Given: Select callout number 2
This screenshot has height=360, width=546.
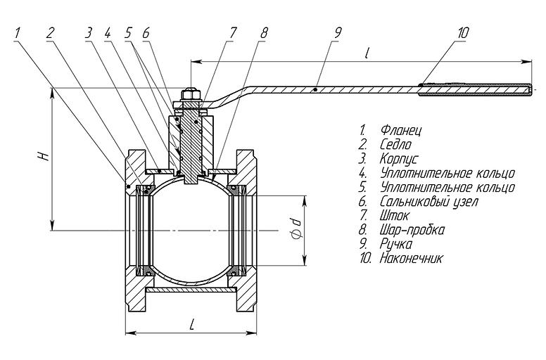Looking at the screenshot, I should tap(51, 32).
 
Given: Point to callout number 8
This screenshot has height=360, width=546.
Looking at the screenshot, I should tap(264, 33).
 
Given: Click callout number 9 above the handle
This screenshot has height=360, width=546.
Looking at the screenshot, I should tap(338, 32).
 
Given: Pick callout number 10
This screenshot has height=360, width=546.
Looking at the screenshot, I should tap(462, 32).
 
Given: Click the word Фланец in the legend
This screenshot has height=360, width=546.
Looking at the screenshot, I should tap(400, 131).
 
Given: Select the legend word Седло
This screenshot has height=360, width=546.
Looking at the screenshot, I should tap(395, 145).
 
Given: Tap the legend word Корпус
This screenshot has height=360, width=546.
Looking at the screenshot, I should tap(399, 159).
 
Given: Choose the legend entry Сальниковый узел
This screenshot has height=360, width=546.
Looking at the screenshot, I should tap(428, 202).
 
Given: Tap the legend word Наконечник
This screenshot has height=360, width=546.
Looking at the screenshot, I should tap(412, 258).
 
